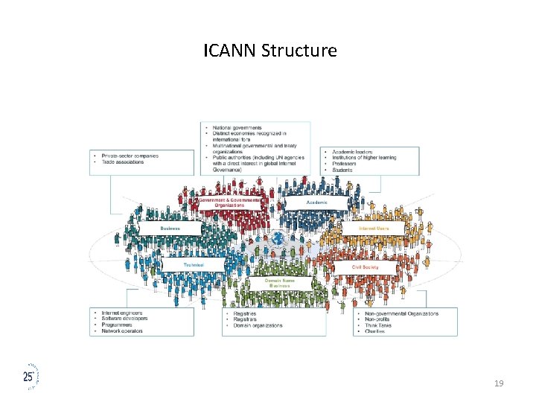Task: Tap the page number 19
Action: coord(499,383)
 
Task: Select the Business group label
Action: coord(170,228)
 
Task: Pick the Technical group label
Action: coord(194,264)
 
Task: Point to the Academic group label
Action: coord(316,202)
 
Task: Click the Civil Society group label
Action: coord(365,267)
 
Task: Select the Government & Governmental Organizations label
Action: coord(230,202)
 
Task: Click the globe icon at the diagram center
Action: coord(278,240)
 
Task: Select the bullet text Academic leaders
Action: coord(353,152)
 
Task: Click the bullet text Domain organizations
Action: coord(258,325)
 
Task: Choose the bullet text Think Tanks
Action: coord(378,325)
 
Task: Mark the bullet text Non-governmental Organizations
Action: coord(402,313)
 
